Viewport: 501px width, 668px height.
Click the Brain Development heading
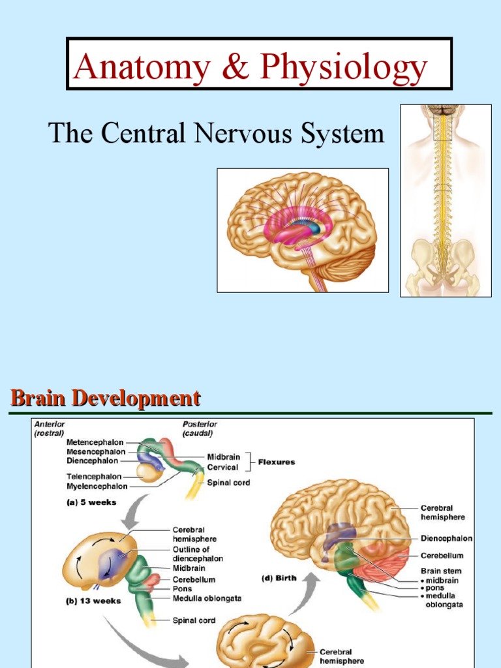(x=104, y=397)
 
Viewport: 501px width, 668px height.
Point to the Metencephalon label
(x=95, y=442)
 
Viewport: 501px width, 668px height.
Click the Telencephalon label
(x=95, y=476)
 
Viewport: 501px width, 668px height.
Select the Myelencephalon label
(x=97, y=486)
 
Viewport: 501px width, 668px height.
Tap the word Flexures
(x=277, y=462)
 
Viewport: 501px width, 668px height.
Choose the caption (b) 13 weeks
(x=95, y=601)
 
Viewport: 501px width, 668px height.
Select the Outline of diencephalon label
(x=197, y=554)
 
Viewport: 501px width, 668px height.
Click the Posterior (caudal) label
(x=199, y=427)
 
